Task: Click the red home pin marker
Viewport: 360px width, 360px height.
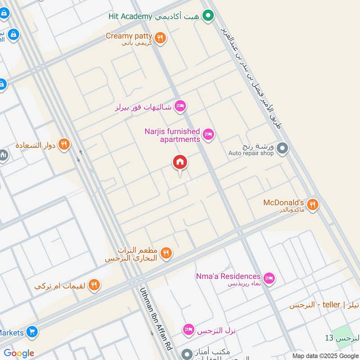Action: pyautogui.click(x=180, y=162)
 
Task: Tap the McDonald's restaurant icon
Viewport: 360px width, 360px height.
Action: pyautogui.click(x=313, y=205)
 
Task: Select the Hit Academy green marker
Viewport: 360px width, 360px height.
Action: pyautogui.click(x=208, y=17)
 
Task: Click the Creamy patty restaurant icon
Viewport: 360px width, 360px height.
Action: pyautogui.click(x=160, y=38)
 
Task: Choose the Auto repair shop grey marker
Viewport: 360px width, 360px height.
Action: pyautogui.click(x=282, y=148)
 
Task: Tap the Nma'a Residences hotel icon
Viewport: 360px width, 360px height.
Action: pyautogui.click(x=269, y=279)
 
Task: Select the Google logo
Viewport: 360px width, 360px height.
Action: pyautogui.click(x=18, y=353)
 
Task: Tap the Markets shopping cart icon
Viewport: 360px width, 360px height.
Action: pyautogui.click(x=31, y=332)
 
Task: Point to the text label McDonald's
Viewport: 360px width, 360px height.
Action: pyautogui.click(x=284, y=202)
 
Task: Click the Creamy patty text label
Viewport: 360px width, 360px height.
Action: pyautogui.click(x=126, y=36)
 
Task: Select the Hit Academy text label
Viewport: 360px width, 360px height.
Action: pyautogui.click(x=130, y=16)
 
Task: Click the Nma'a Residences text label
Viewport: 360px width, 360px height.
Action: pyautogui.click(x=228, y=276)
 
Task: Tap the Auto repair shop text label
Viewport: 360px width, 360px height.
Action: pyautogui.click(x=251, y=153)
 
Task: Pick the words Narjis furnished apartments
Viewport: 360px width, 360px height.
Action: pyautogui.click(x=172, y=135)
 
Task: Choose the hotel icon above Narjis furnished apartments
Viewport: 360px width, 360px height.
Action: pyautogui.click(x=180, y=106)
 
